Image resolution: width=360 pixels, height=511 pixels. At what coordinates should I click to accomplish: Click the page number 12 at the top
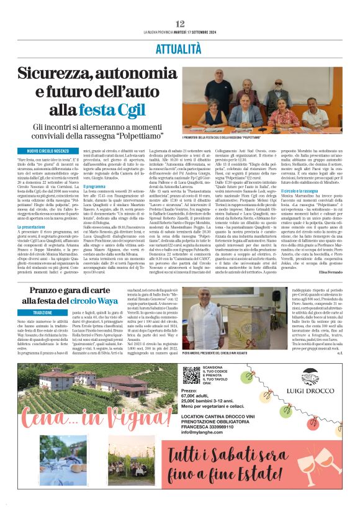coord(180,23)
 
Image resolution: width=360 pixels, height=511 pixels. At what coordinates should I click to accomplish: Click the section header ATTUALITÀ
coord(180,47)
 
